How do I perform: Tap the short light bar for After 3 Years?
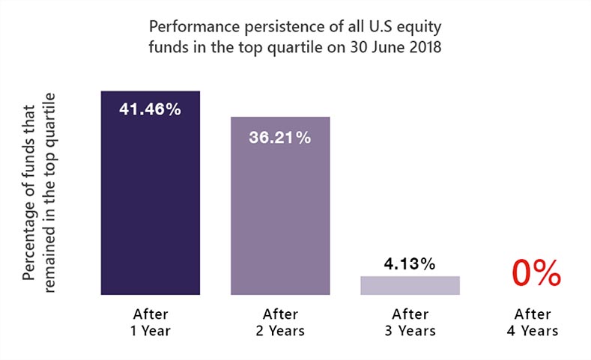(x=409, y=285)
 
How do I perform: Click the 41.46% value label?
(x=151, y=109)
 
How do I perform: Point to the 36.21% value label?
(x=279, y=138)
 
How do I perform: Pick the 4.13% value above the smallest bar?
(x=409, y=263)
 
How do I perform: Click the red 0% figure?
(x=536, y=273)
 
